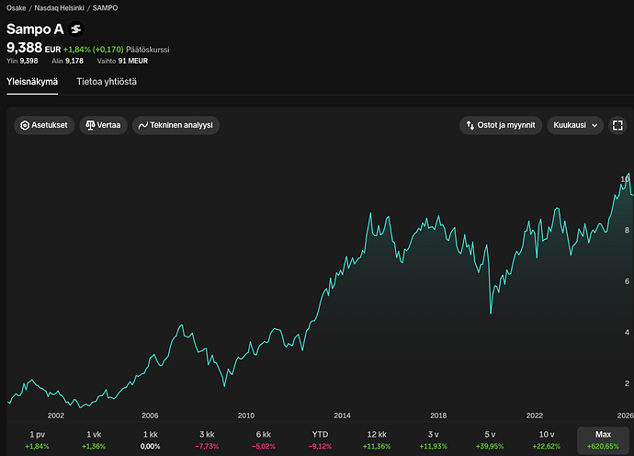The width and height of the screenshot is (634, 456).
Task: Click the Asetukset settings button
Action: tap(44, 125)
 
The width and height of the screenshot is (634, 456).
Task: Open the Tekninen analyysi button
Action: tap(175, 125)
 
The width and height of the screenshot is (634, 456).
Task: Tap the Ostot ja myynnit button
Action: tap(501, 125)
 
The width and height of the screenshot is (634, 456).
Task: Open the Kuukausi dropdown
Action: tap(575, 125)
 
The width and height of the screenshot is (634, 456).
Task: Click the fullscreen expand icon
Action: tap(617, 125)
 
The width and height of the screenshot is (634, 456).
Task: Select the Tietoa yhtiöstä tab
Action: tap(107, 82)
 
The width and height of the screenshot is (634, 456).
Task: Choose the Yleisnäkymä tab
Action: tap(32, 82)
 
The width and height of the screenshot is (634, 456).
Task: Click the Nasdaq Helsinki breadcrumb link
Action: tap(60, 8)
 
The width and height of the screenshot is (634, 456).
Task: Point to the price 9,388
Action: tap(24, 48)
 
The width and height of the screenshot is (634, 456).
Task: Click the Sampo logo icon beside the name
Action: tap(76, 29)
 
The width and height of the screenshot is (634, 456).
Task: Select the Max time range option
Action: tap(603, 439)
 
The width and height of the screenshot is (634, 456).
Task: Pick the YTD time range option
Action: tap(320, 439)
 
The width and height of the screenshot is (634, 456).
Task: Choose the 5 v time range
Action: tap(490, 439)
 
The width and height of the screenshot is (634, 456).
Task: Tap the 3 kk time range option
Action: tap(207, 439)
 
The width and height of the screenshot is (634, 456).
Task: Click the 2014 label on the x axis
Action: tap(342, 416)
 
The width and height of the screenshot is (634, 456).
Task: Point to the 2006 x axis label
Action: tap(150, 416)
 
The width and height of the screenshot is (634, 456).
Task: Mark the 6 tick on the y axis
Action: tap(628, 281)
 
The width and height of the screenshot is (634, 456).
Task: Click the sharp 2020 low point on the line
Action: tap(491, 313)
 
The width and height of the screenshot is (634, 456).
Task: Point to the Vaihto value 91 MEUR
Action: tap(133, 61)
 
